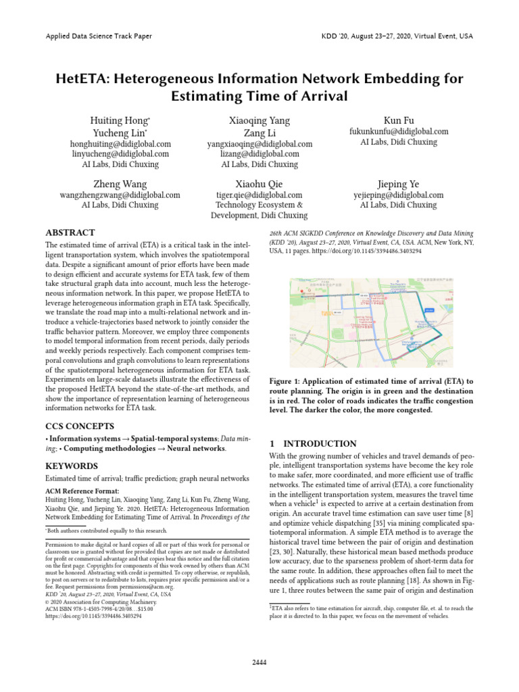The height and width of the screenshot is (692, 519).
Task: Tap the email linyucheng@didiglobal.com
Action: (120, 154)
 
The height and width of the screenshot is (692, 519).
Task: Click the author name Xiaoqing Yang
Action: (259, 120)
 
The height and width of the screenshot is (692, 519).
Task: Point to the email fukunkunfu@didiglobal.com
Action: (399, 132)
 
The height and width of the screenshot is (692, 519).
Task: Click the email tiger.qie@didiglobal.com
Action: (259, 195)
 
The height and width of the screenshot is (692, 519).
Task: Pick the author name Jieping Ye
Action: (399, 184)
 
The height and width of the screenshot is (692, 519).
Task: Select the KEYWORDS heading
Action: (72, 466)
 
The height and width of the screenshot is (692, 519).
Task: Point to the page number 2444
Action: (259, 663)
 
